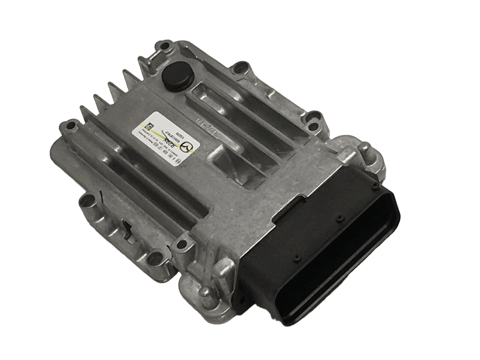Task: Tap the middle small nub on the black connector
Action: pos(338,218)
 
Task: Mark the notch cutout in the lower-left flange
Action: pos(126,227)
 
